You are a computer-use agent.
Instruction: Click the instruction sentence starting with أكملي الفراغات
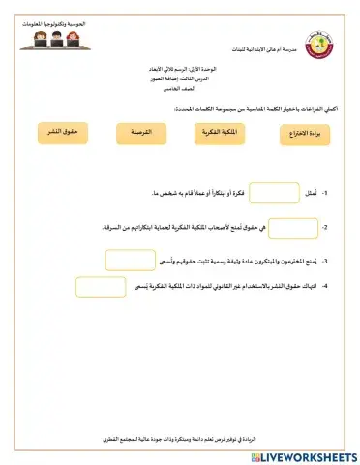pyautogui.click(x=251, y=111)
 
